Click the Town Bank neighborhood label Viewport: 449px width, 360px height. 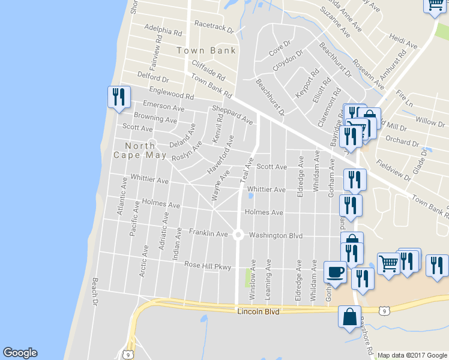coord(206,50)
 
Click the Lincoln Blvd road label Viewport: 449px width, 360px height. coord(259,312)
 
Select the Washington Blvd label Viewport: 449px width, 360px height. coord(276,236)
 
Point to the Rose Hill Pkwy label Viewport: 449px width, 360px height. coord(207,265)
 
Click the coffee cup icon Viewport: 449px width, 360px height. coord(335,272)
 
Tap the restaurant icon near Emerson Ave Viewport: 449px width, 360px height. coord(118,97)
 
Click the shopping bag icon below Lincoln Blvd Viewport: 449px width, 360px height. coord(349,316)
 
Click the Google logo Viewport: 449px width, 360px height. coord(20,353)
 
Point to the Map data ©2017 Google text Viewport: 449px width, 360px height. coord(412,355)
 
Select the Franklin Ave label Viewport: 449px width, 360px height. coord(208,232)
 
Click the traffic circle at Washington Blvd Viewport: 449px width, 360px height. coord(238,235)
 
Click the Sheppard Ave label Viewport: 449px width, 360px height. coord(232,115)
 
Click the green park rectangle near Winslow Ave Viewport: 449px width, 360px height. coord(249,278)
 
